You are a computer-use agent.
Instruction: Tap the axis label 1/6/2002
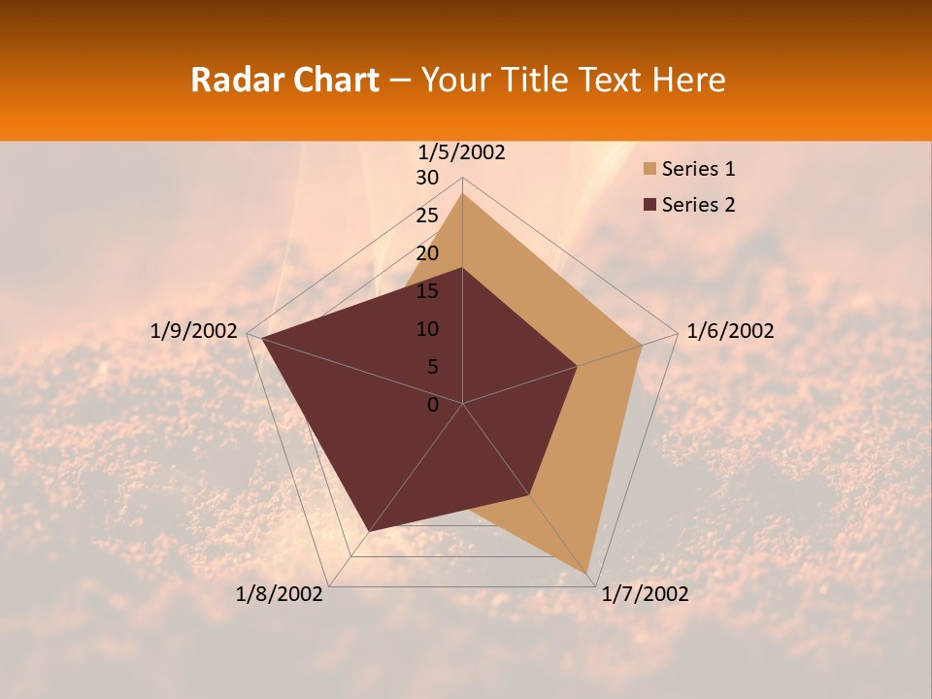[730, 331]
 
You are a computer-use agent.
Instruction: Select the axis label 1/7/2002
[645, 594]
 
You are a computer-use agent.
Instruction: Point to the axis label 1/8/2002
[280, 594]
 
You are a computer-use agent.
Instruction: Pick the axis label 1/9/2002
[194, 331]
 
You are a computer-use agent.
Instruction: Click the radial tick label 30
[427, 178]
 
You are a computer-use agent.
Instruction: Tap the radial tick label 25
[427, 216]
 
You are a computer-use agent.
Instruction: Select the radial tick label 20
[427, 253]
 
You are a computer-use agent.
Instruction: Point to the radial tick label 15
[427, 291]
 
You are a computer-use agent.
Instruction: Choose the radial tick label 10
[427, 329]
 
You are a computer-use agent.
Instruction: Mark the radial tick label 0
[433, 405]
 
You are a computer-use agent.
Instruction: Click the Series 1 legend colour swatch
[649, 170]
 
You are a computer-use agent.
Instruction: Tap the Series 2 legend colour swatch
[649, 205]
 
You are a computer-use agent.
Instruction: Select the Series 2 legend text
[698, 205]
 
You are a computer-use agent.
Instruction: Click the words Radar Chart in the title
[284, 80]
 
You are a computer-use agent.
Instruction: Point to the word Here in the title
[688, 80]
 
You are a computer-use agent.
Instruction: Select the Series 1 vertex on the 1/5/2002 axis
[462, 193]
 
